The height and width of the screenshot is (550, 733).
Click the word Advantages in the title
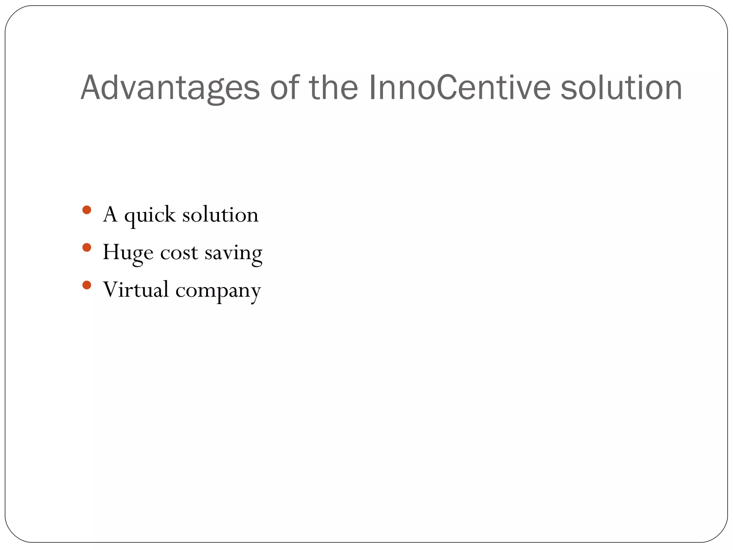170,88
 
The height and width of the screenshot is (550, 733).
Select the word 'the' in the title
333,88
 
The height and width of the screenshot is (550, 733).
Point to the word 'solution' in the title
621,88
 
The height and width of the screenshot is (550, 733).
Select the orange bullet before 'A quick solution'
87,210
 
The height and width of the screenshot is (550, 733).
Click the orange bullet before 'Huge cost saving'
87,247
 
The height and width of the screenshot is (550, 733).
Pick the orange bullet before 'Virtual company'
87,285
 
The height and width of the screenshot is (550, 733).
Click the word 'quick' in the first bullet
150,216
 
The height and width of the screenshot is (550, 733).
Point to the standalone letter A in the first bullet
110,215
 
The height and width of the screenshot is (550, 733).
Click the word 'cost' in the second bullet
179,253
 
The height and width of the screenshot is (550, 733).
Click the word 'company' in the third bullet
218,291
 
